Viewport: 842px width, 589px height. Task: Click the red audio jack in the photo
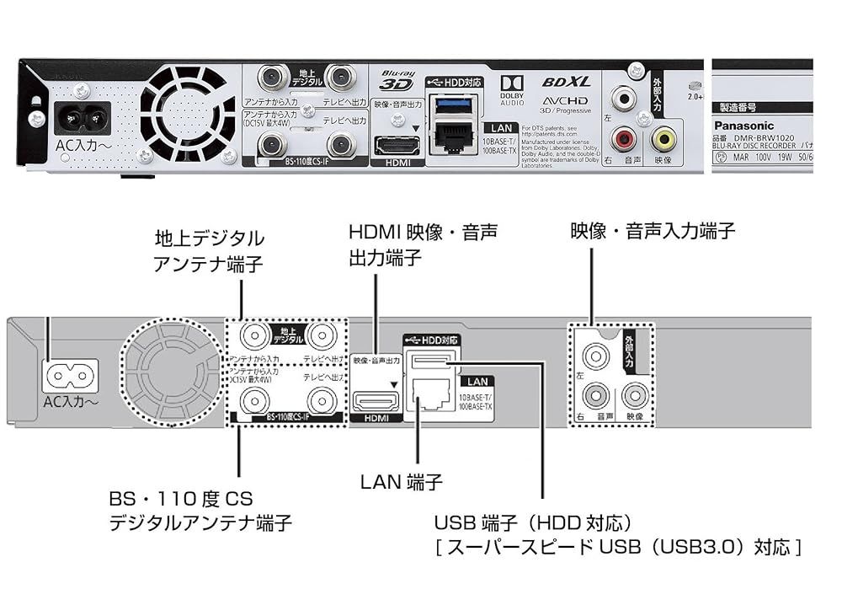[x=624, y=137]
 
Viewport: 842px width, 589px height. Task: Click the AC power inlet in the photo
[x=82, y=119]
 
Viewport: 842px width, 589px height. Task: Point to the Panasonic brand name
[x=746, y=126]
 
